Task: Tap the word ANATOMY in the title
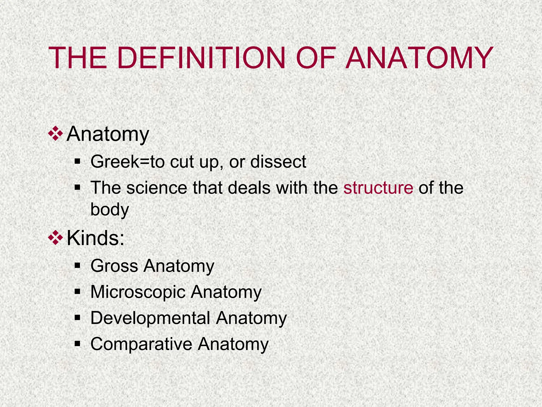pos(419,58)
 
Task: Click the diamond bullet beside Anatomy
pos(56,134)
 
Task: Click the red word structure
pos(378,188)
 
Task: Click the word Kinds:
pos(96,238)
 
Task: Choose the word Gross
pos(114,266)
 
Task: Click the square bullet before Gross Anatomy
pos(77,266)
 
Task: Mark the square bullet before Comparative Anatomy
pos(77,344)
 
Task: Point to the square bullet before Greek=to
pos(77,161)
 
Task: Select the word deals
pos(249,188)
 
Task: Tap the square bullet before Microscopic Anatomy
pos(77,292)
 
